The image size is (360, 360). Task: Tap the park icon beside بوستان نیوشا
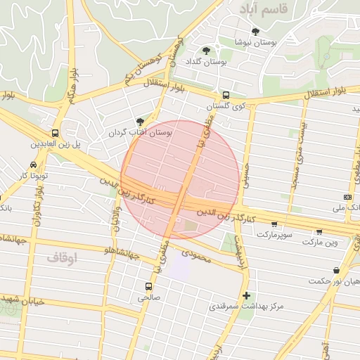[255, 32]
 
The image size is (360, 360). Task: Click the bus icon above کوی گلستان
[225, 96]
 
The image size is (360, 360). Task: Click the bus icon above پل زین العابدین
[55, 133]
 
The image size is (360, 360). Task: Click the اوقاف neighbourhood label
[61, 258]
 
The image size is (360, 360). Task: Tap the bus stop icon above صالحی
[148, 286]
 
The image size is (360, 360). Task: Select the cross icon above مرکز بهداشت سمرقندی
[246, 296]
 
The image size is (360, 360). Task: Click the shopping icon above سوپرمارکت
[274, 224]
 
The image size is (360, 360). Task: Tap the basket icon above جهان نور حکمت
[337, 270]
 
